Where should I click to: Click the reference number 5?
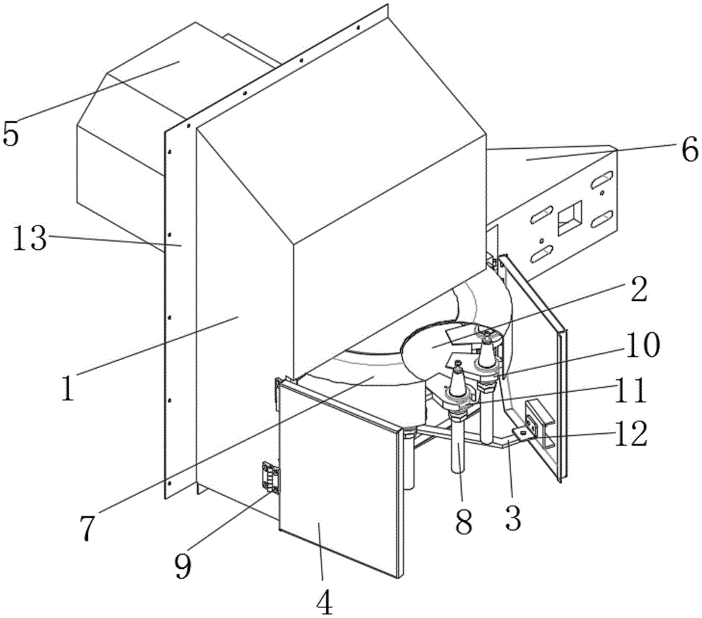click(11, 134)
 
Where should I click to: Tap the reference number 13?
click(29, 237)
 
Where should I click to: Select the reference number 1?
click(67, 388)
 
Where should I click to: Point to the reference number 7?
click(88, 528)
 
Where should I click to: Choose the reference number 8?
click(463, 521)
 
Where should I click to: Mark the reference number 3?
click(512, 518)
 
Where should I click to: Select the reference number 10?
click(643, 346)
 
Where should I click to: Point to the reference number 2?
click(638, 290)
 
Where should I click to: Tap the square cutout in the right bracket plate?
click(570, 218)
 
